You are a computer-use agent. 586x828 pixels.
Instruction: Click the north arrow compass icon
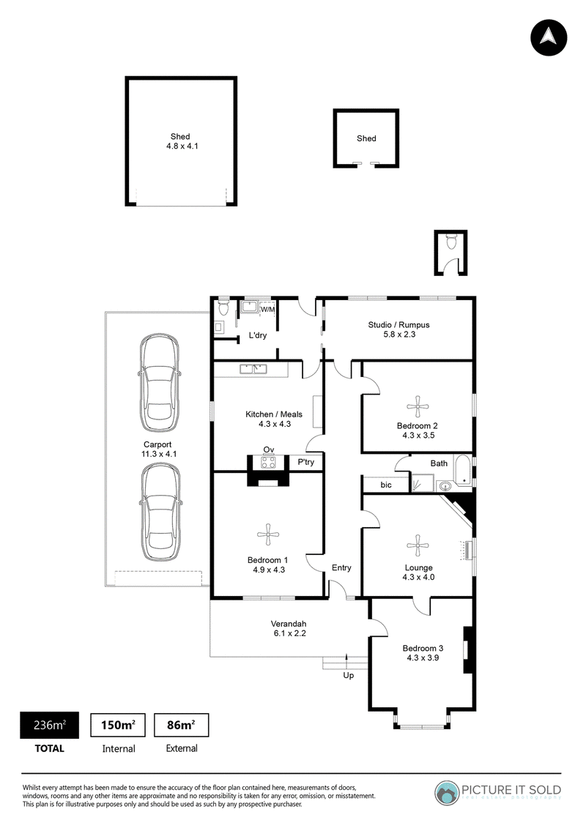point(549,37)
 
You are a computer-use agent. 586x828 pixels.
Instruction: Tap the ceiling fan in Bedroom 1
point(268,534)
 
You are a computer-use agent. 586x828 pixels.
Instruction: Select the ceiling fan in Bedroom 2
point(418,406)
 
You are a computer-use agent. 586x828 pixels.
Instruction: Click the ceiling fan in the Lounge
point(418,545)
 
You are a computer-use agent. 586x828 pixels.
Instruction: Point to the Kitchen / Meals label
point(274,414)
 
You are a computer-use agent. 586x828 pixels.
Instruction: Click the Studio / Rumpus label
point(399,325)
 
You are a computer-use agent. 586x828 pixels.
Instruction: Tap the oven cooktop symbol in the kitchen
point(268,463)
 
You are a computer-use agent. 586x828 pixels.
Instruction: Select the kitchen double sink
point(253,368)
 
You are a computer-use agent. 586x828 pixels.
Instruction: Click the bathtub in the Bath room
point(463,470)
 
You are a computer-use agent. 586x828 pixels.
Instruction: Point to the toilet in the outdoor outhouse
point(450,242)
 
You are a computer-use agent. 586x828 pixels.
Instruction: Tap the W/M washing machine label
point(268,310)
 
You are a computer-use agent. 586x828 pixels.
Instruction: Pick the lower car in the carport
point(160,512)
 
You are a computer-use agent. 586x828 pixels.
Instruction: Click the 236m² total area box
point(50,725)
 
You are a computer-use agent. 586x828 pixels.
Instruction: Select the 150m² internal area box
point(119,725)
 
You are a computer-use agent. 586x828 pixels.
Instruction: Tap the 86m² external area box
point(181,725)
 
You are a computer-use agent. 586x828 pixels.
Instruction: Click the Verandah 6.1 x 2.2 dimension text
point(289,633)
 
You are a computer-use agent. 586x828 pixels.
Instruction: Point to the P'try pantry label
point(306,462)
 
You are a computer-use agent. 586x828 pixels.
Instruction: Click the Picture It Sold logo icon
point(447,793)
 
